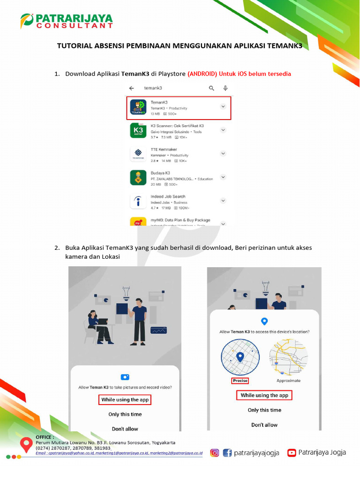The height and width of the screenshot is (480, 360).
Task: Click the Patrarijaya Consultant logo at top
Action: point(67,21)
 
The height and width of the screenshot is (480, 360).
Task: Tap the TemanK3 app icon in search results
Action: point(138,108)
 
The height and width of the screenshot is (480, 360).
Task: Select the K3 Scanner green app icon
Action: point(138,130)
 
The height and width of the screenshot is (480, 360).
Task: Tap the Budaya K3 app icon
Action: point(138,177)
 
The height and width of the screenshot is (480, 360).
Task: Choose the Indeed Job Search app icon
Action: point(138,202)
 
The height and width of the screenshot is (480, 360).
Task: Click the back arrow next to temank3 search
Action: point(132,88)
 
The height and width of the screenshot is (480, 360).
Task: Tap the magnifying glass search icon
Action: point(211,88)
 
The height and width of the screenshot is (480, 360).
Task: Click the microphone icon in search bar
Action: point(225,88)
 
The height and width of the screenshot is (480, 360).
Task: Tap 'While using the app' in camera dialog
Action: point(125,399)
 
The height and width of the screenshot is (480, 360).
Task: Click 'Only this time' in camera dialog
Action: point(125,414)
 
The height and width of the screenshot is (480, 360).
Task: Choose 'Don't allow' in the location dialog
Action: point(264,425)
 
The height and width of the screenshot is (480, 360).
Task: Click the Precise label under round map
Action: point(240,381)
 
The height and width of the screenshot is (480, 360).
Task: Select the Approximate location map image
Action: point(288,358)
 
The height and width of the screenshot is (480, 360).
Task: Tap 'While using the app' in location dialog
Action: point(264,395)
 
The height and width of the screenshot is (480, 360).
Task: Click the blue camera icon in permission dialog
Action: point(125,377)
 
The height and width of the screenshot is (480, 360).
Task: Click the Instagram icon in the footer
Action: point(214,452)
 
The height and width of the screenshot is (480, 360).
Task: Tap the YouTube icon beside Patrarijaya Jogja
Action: point(292,452)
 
